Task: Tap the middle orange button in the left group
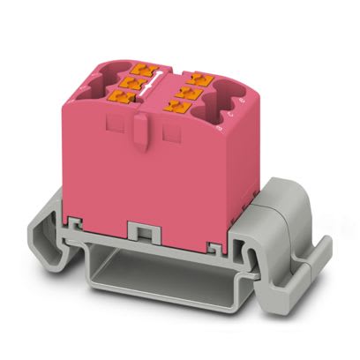pos(133,81)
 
